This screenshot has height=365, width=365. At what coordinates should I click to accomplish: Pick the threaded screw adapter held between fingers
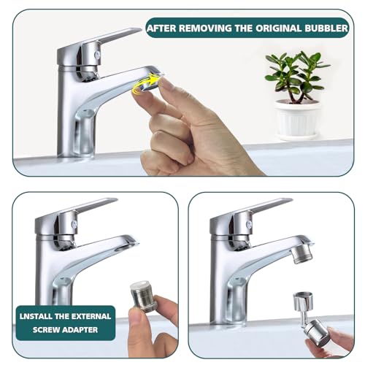(x=144, y=296)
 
